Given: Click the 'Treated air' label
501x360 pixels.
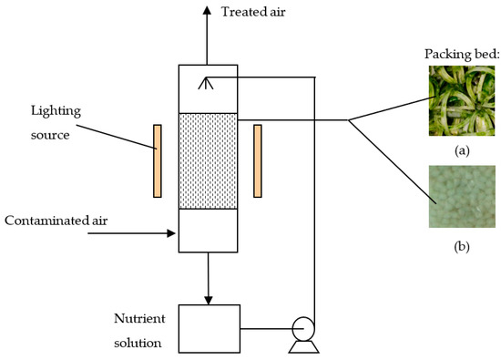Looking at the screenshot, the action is pyautogui.click(x=253, y=12).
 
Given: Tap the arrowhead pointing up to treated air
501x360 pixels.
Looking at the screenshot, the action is pyautogui.click(x=207, y=11).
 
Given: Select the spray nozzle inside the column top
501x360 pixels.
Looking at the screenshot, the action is pyautogui.click(x=206, y=83).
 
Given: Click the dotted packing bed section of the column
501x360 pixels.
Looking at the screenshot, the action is pyautogui.click(x=208, y=160).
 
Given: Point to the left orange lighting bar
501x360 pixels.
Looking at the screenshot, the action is pyautogui.click(x=158, y=160).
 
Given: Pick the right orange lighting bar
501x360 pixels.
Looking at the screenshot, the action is pyautogui.click(x=258, y=160).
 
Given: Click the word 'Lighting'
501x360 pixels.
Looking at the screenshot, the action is pyautogui.click(x=56, y=111).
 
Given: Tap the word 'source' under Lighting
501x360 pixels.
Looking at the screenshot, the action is pyautogui.click(x=50, y=135).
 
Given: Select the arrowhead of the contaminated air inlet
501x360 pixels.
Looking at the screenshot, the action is pyautogui.click(x=171, y=233).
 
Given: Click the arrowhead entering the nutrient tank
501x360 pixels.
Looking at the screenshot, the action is pyautogui.click(x=209, y=301).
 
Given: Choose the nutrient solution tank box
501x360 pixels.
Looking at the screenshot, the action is pyautogui.click(x=210, y=329).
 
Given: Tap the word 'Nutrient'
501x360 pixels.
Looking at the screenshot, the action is pyautogui.click(x=139, y=318).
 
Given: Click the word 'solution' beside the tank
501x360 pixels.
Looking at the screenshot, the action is pyautogui.click(x=138, y=343).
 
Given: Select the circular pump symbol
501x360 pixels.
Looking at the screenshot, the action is pyautogui.click(x=303, y=329).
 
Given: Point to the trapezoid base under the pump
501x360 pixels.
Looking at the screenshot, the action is pyautogui.click(x=303, y=347).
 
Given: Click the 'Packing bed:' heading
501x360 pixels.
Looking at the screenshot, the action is pyautogui.click(x=462, y=55).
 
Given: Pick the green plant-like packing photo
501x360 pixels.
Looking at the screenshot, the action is pyautogui.click(x=462, y=101).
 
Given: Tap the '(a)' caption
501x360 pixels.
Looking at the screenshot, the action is pyautogui.click(x=462, y=150).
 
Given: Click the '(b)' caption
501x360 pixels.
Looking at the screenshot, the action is pyautogui.click(x=462, y=246).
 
